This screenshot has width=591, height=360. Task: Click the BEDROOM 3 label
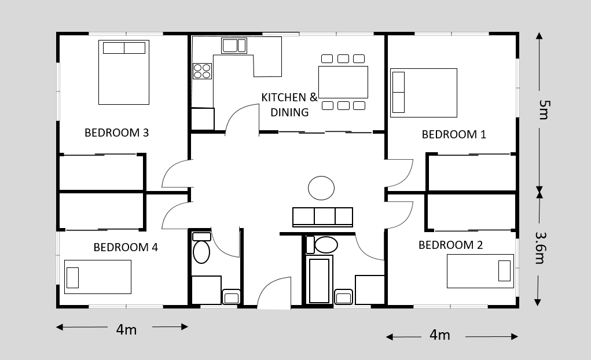116,133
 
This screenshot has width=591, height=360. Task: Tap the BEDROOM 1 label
454,135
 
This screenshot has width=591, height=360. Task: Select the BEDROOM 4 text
126,247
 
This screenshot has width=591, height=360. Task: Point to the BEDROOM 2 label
450,245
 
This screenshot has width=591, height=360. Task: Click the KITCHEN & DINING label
289,105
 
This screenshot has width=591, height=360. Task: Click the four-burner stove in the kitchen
203,71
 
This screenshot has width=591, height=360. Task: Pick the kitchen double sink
234,46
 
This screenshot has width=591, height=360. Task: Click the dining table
343,82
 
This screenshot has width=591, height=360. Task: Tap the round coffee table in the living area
321,188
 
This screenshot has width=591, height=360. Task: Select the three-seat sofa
322,217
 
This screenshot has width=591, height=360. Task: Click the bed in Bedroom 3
124,72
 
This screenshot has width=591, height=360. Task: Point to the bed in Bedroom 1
424,93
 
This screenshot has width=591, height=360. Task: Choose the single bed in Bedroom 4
98,277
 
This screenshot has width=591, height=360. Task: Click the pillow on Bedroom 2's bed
504,271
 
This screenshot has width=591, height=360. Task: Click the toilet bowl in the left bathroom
201,252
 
